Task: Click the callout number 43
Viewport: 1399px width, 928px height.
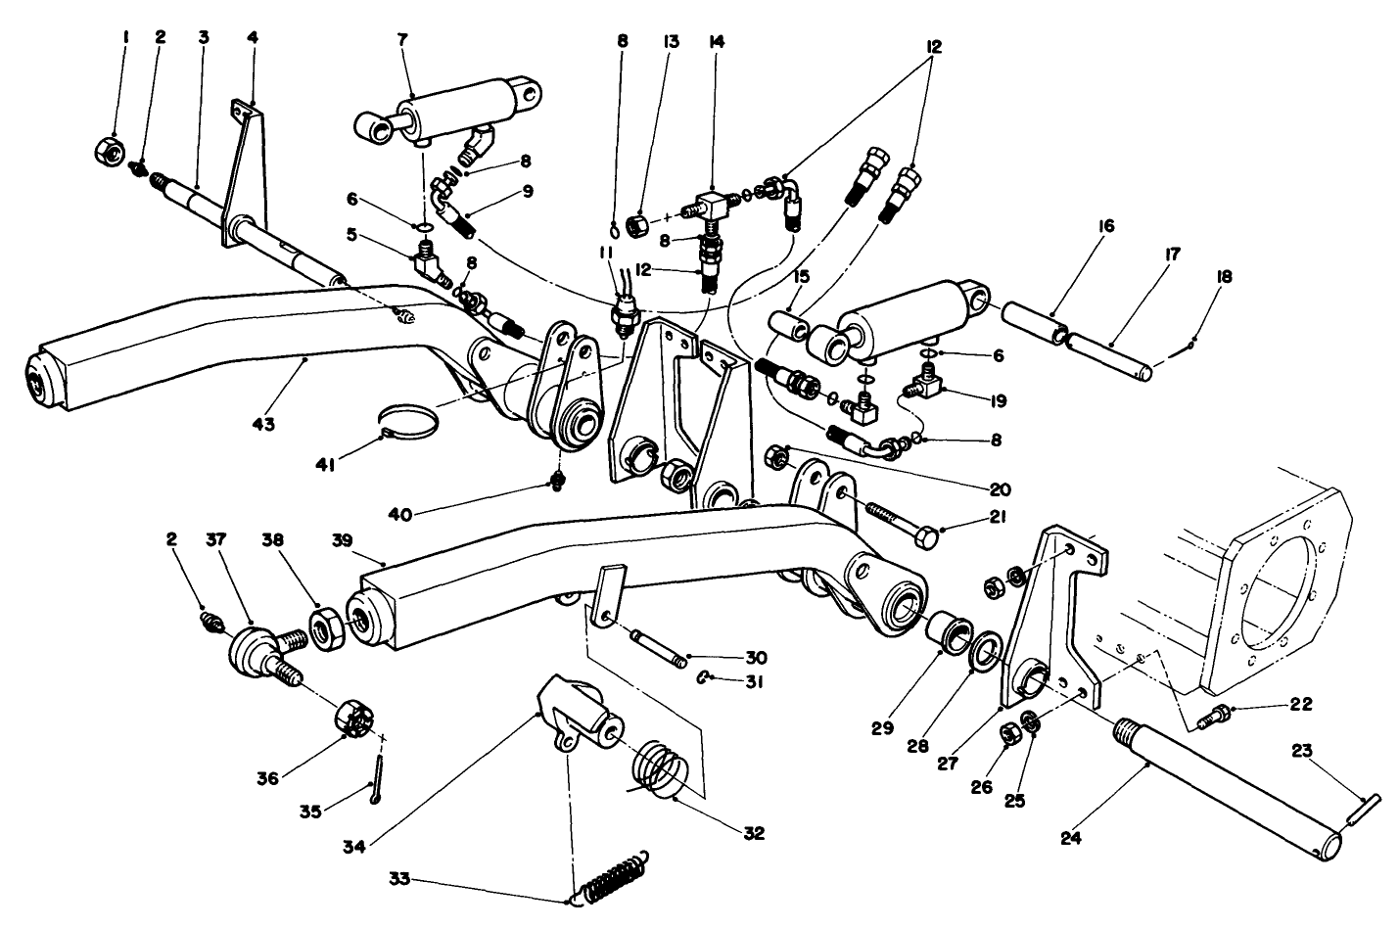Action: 263,425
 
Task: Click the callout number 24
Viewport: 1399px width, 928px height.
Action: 1070,838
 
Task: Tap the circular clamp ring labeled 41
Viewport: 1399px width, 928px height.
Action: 410,423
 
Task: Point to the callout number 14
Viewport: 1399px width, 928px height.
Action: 716,41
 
